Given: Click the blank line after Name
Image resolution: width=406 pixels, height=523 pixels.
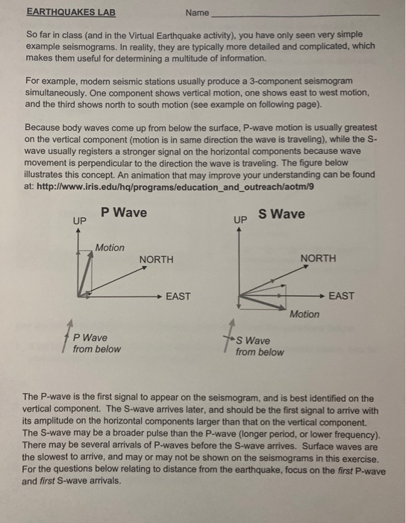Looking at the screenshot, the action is tap(296, 14).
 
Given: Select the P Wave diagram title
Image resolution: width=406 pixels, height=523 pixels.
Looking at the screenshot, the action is tap(124, 213).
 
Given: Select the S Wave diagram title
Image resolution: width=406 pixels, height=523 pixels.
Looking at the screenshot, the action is tap(281, 214).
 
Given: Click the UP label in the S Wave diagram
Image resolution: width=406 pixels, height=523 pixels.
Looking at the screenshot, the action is tap(240, 221).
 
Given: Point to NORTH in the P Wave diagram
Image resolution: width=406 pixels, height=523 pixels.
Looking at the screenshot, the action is tap(156, 259).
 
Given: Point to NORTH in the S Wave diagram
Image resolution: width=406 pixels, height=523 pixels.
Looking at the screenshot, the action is tap(318, 259).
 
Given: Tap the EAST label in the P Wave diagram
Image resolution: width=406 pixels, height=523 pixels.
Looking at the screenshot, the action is tap(178, 297).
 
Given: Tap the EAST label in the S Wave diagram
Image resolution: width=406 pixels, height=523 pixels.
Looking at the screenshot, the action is tap(341, 296).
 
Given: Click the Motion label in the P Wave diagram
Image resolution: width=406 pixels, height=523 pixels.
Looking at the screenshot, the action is tap(110, 247).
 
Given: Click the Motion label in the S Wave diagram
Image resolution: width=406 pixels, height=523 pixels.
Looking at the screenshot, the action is tap(304, 314).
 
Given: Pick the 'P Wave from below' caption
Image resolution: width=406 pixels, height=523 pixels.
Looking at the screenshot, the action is tap(96, 343).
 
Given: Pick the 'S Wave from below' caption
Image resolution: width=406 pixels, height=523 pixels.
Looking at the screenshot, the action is tap(259, 346).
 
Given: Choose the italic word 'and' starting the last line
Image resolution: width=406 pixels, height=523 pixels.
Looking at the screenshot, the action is tap(31, 482).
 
